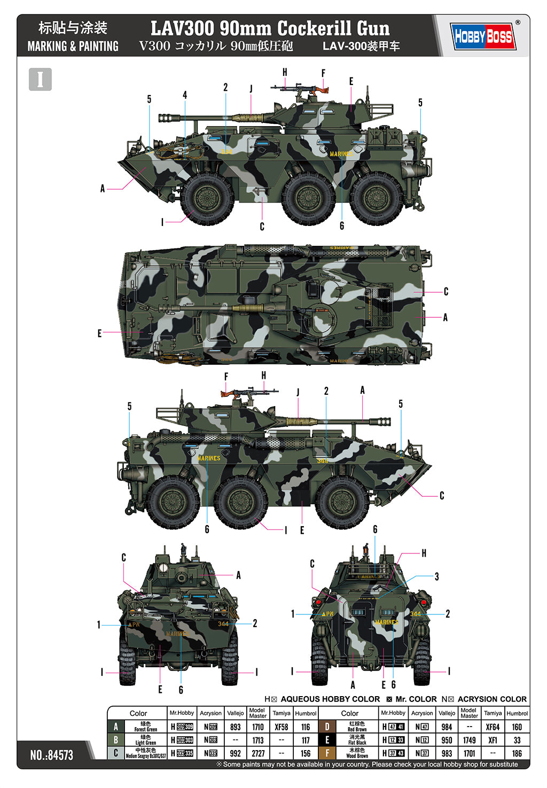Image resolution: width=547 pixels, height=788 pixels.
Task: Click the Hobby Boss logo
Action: (x=483, y=36)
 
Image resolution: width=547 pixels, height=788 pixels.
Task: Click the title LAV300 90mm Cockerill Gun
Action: (x=270, y=28)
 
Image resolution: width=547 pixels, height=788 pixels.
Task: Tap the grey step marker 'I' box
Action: (x=40, y=80)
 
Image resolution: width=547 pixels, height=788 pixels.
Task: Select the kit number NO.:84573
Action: (x=52, y=755)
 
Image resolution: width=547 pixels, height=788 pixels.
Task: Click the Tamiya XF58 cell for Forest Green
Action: (x=281, y=727)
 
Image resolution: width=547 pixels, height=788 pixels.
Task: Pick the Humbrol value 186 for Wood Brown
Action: (x=517, y=753)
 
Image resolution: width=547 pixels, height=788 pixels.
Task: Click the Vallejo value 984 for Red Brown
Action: (x=447, y=727)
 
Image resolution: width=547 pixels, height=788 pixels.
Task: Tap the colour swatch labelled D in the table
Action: (x=327, y=727)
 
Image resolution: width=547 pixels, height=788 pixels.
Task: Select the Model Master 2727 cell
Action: (x=258, y=753)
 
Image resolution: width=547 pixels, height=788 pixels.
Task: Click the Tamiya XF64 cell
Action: (x=493, y=727)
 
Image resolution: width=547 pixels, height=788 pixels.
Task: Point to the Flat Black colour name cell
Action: (x=357, y=740)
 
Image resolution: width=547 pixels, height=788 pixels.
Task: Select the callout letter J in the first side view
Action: (x=251, y=89)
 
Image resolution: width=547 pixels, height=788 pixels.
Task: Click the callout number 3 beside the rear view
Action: (x=436, y=576)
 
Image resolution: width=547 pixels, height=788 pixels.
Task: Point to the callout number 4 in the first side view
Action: (x=185, y=95)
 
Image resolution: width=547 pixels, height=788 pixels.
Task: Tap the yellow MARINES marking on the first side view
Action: (x=341, y=154)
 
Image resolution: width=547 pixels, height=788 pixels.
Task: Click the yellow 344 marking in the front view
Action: (x=223, y=623)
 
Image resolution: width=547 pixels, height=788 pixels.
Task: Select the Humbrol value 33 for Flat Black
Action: (x=517, y=740)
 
